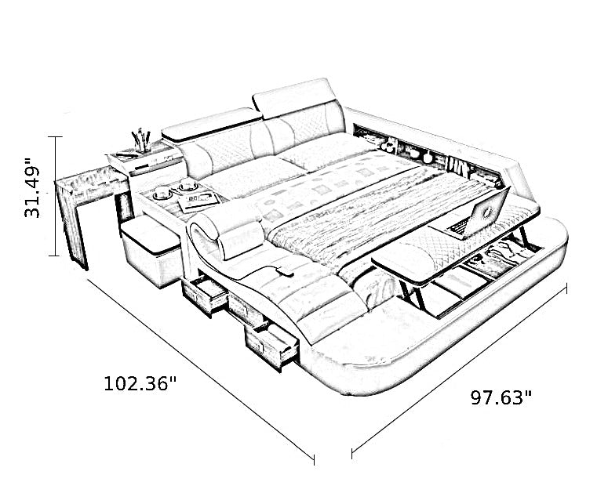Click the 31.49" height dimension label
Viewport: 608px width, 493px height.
click(33, 187)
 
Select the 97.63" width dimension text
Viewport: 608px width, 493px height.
click(501, 397)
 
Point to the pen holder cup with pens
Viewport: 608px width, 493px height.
click(142, 141)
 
